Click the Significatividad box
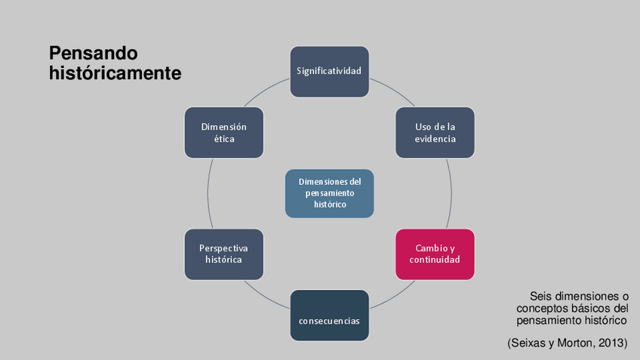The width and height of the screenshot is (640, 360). point(329,72)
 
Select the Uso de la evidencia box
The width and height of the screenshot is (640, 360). point(435,133)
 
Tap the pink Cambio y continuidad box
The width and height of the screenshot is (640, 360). point(435,254)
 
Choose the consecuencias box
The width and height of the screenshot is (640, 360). point(329,315)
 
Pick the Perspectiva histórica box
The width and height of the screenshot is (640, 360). point(223,254)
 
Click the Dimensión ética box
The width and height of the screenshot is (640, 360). point(223,133)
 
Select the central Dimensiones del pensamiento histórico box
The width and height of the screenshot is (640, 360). point(329,193)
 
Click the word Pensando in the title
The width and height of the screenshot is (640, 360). point(94,54)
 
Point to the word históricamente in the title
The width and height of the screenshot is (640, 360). point(115,73)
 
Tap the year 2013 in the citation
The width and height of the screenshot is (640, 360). point(611,343)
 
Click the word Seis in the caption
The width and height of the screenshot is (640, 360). point(541,297)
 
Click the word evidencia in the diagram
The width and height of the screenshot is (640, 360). point(435,139)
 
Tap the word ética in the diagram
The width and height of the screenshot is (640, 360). point(223,139)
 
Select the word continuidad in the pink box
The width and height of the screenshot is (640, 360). point(435,260)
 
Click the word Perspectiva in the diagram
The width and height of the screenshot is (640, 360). point(223,248)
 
